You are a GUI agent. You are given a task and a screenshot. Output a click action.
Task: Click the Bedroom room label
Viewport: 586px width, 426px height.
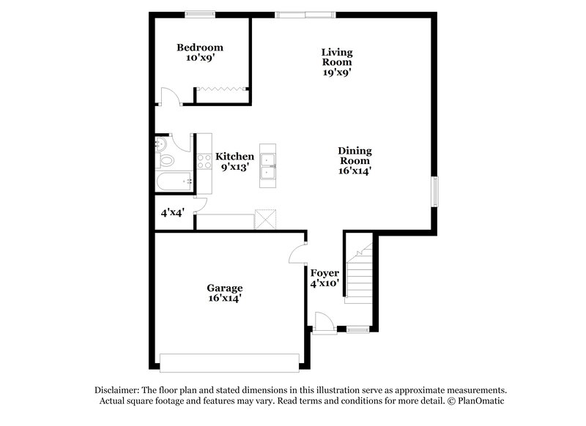point(200,48)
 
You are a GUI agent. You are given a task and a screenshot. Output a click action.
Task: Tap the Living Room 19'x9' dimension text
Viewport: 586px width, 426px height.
point(337,72)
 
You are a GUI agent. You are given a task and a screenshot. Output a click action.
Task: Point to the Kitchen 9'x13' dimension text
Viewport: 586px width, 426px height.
point(234,167)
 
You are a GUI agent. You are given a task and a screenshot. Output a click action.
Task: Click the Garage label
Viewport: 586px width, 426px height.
point(224,288)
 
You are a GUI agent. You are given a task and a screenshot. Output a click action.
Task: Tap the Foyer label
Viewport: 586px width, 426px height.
point(324,273)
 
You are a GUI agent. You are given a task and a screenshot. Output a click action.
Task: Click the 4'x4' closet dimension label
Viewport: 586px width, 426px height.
point(172,213)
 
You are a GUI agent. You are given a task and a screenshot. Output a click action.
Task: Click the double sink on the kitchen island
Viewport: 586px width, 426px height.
point(268,165)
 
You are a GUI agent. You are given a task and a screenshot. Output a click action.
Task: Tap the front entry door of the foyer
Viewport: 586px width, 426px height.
point(323,323)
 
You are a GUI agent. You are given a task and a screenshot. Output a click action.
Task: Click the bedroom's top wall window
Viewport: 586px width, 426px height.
point(199,13)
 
